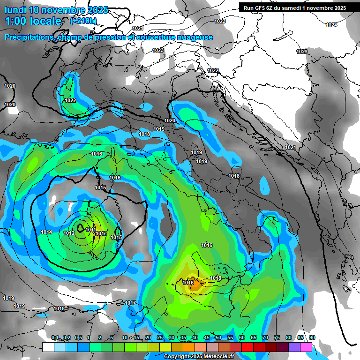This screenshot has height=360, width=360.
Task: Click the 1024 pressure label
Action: click(331, 25)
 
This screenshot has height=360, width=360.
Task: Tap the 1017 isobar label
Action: click(130, 303)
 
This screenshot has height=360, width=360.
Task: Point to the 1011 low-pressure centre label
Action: click(90, 230)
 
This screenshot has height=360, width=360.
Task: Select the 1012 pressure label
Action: click(69, 233)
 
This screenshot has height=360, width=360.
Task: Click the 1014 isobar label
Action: click(46, 232)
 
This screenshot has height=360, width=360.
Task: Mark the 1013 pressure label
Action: click(101, 233)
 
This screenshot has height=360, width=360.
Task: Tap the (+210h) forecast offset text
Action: click(83, 21)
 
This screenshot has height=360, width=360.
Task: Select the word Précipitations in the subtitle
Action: click(28, 37)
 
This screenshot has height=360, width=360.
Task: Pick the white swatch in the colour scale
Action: click(48, 347)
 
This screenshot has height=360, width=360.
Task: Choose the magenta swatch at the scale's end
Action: click(306, 347)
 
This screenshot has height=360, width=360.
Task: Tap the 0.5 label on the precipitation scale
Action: click(78, 338)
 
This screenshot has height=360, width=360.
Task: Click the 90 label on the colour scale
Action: click(312, 338)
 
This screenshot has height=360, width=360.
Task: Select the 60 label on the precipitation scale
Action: click(242, 338)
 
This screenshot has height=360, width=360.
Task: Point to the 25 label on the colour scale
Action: click(160, 338)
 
